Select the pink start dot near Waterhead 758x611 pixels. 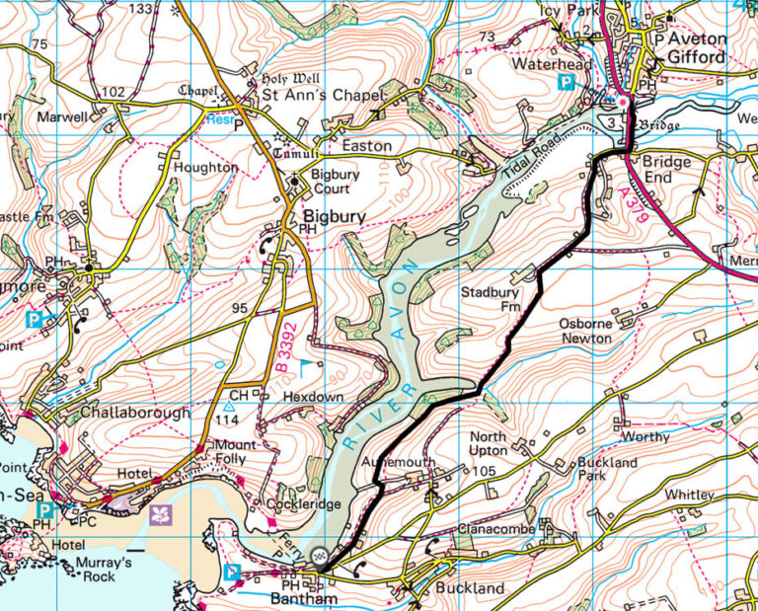623,101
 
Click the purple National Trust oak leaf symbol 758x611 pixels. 157,513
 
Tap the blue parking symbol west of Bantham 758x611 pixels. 234,572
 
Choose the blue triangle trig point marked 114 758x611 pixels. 229,405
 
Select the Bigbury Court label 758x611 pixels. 334,181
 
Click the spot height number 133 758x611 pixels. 142,9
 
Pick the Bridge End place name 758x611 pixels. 670,169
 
